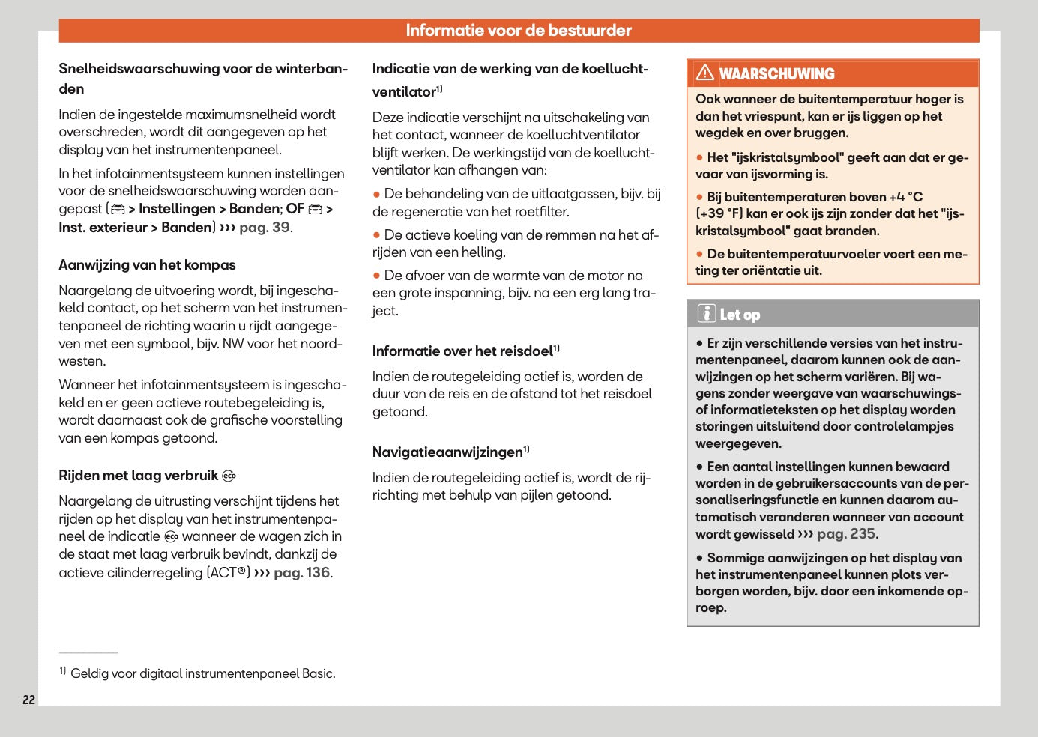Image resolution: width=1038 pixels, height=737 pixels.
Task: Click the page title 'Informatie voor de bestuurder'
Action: tap(518, 31)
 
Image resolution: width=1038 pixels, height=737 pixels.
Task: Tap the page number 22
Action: tap(29, 700)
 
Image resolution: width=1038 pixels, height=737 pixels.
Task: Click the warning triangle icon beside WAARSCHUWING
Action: tap(704, 73)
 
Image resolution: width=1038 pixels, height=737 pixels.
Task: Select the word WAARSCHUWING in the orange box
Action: tap(776, 74)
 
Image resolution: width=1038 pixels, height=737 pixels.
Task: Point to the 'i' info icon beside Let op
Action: tap(706, 314)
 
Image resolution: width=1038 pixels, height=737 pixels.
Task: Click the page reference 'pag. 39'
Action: tap(264, 228)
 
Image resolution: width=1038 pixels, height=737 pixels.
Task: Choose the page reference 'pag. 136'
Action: tap(301, 573)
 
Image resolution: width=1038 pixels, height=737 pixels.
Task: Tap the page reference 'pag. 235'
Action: tap(845, 534)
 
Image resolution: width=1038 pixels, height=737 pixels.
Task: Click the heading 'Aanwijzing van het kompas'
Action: tap(147, 265)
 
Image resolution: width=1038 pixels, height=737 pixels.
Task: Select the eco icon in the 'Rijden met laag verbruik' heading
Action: tap(229, 476)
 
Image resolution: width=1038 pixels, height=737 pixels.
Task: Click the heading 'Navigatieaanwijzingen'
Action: tap(447, 452)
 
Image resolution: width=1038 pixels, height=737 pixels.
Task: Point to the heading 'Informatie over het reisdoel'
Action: tap(462, 351)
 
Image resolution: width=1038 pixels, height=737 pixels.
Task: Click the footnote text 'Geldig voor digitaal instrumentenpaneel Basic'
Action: tap(202, 673)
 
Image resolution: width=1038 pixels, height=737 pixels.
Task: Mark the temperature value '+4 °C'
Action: tap(905, 197)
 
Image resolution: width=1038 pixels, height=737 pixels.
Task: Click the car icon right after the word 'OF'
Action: tap(316, 209)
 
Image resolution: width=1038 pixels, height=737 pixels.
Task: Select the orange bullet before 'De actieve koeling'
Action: tap(376, 235)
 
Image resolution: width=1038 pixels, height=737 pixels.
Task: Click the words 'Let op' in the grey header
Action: tap(740, 315)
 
